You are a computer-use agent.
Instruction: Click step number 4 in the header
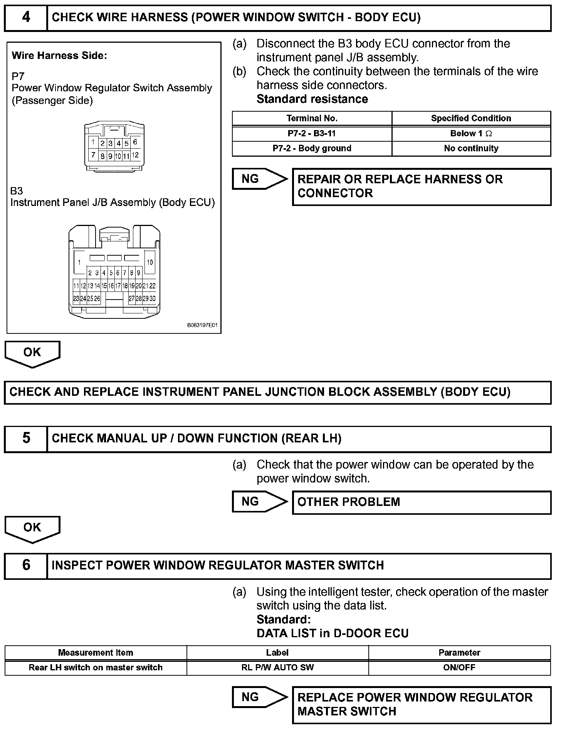(x=26, y=18)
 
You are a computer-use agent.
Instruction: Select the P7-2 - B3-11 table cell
(x=312, y=134)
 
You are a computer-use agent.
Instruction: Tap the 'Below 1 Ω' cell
(x=471, y=134)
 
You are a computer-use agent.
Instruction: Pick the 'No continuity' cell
(x=471, y=148)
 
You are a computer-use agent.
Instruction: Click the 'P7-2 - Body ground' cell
(x=312, y=148)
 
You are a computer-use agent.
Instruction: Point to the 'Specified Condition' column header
(x=471, y=118)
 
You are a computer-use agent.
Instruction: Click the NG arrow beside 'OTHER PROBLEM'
(x=259, y=502)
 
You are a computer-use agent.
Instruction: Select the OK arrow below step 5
(x=32, y=529)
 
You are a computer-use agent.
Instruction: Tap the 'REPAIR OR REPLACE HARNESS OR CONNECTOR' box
(x=422, y=186)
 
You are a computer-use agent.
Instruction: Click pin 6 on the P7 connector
(x=135, y=142)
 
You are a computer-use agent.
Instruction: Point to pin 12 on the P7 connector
(x=135, y=155)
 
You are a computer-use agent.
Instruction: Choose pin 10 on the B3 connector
(x=150, y=262)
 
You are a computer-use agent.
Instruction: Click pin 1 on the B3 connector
(x=79, y=262)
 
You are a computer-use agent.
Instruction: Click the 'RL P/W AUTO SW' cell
(x=277, y=668)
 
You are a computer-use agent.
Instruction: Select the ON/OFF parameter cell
(x=459, y=668)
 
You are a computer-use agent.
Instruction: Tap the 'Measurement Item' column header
(x=96, y=653)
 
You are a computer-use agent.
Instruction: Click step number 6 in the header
(x=26, y=565)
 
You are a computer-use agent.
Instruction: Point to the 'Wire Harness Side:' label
(x=59, y=56)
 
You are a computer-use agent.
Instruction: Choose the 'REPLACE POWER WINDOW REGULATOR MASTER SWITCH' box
(x=422, y=704)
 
